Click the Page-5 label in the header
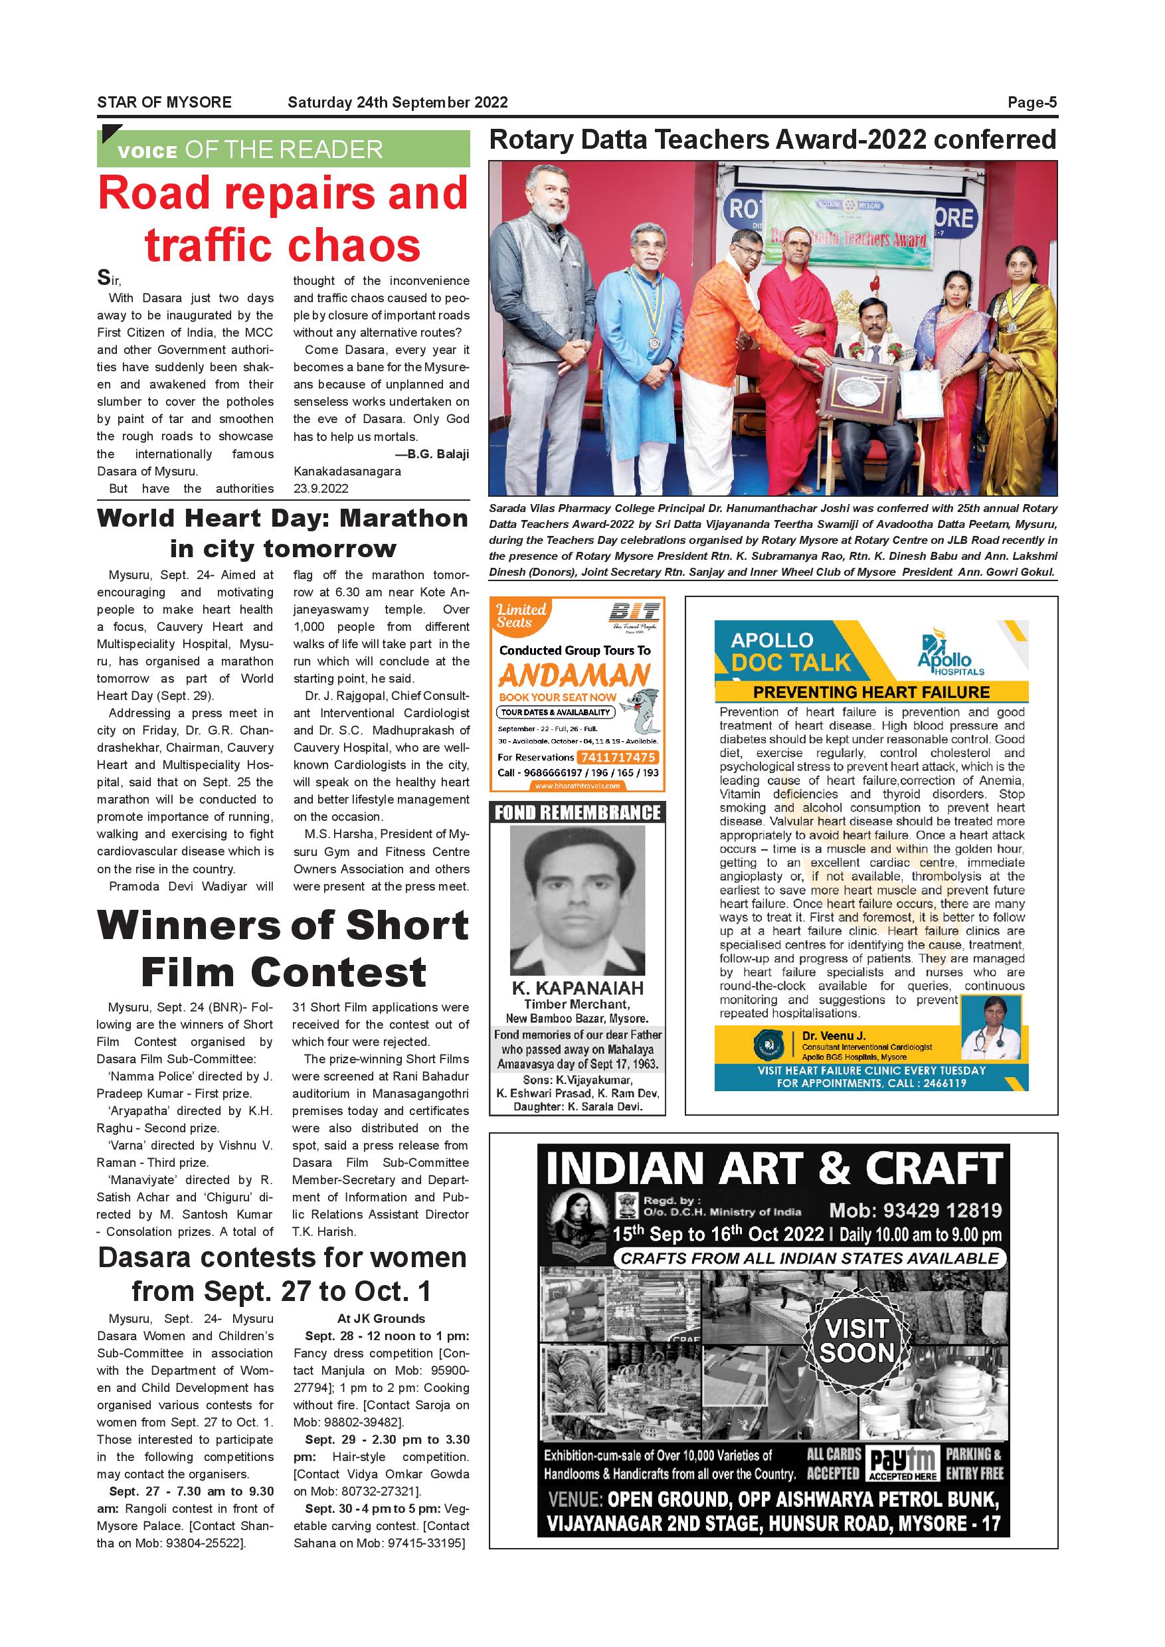[1031, 102]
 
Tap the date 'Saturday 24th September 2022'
[397, 102]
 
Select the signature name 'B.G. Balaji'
[438, 454]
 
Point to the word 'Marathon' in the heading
[403, 519]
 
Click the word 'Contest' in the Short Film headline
[340, 974]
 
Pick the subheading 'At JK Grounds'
[381, 1318]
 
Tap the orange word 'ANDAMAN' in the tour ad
[574, 675]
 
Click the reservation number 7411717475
[618, 758]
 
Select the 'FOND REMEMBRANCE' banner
[577, 813]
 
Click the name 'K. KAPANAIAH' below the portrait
[577, 988]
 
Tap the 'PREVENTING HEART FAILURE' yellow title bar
[871, 692]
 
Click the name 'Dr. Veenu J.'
[833, 1036]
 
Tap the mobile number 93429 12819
[915, 1211]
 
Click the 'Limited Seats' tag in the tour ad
[521, 616]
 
